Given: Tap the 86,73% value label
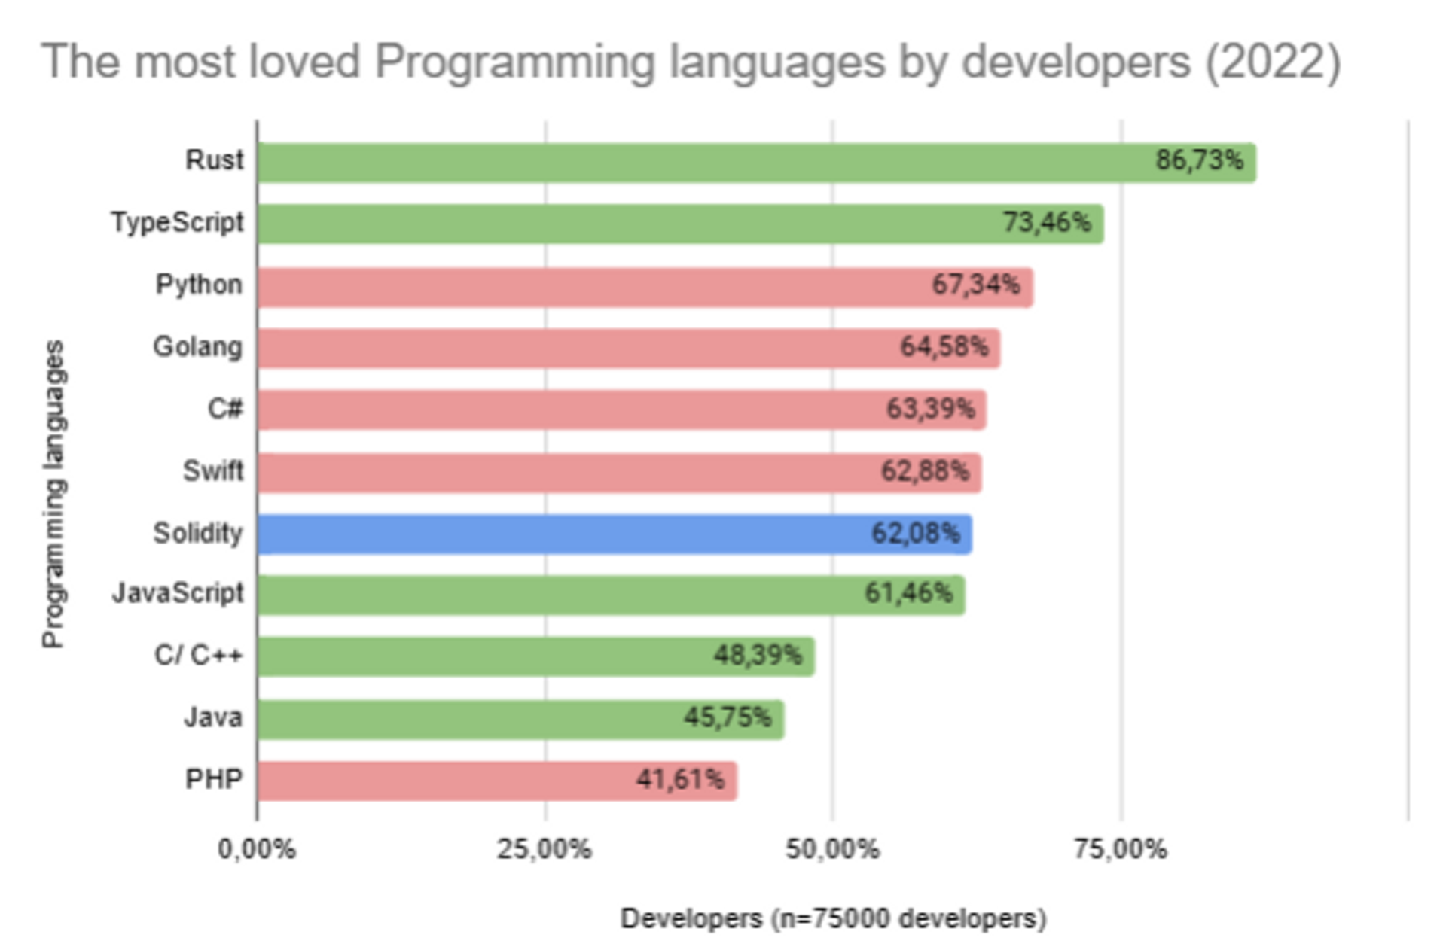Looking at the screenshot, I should coord(1199,160).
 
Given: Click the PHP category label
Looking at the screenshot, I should coord(214,779).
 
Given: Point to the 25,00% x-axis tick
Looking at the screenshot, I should coord(545,849).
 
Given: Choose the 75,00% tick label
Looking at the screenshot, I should coord(1120,849).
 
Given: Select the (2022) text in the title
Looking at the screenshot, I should coord(1273,61).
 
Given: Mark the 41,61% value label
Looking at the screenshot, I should coord(680,779).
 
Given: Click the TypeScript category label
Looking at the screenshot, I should coord(178,223).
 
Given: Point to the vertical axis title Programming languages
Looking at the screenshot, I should coord(54,493).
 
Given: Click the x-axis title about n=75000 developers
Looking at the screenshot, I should coord(833,918).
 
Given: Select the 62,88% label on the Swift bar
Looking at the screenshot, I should coord(925,471).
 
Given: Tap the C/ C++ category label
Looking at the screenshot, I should coord(198,656).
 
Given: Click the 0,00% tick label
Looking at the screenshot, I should coord(257,849).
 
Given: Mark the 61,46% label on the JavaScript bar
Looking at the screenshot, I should coord(908,594).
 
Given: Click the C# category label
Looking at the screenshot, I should coord(225,409).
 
